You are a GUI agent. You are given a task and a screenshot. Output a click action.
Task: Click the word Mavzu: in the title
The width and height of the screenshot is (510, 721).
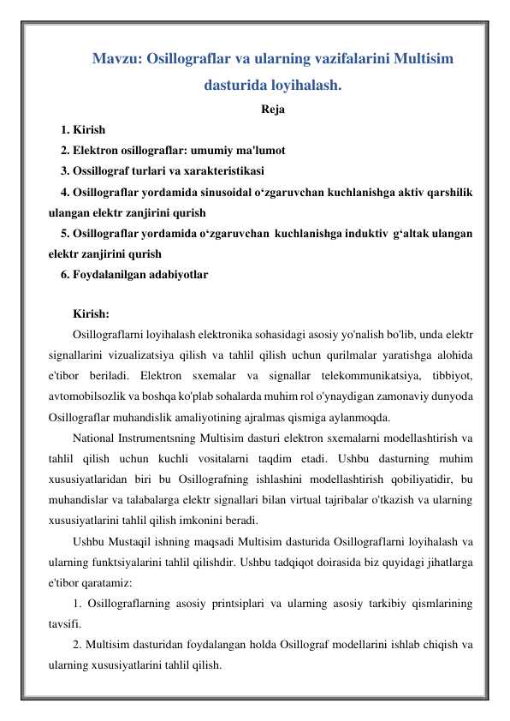click(x=117, y=59)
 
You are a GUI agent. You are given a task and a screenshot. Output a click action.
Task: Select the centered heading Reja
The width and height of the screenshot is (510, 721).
click(x=273, y=110)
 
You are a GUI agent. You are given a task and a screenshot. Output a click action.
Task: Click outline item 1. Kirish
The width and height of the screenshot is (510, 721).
click(x=83, y=131)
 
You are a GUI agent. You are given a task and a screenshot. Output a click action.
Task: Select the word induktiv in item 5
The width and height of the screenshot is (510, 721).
click(x=365, y=233)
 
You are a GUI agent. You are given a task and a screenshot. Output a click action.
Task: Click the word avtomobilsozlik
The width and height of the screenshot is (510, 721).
click(x=87, y=396)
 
